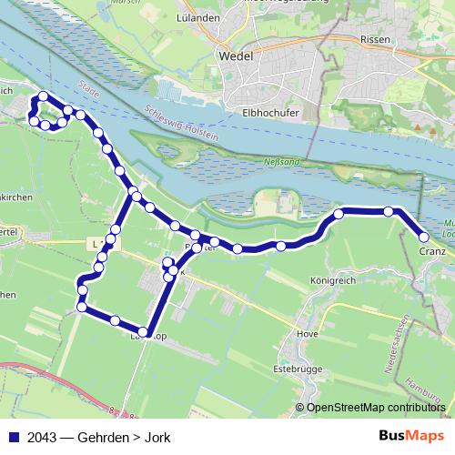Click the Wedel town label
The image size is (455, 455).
(x=237, y=56)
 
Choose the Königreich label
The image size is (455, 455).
(x=330, y=281)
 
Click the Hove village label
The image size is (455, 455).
(x=308, y=333)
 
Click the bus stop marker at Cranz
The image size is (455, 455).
(x=424, y=237)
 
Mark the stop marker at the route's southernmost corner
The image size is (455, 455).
(x=144, y=331)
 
